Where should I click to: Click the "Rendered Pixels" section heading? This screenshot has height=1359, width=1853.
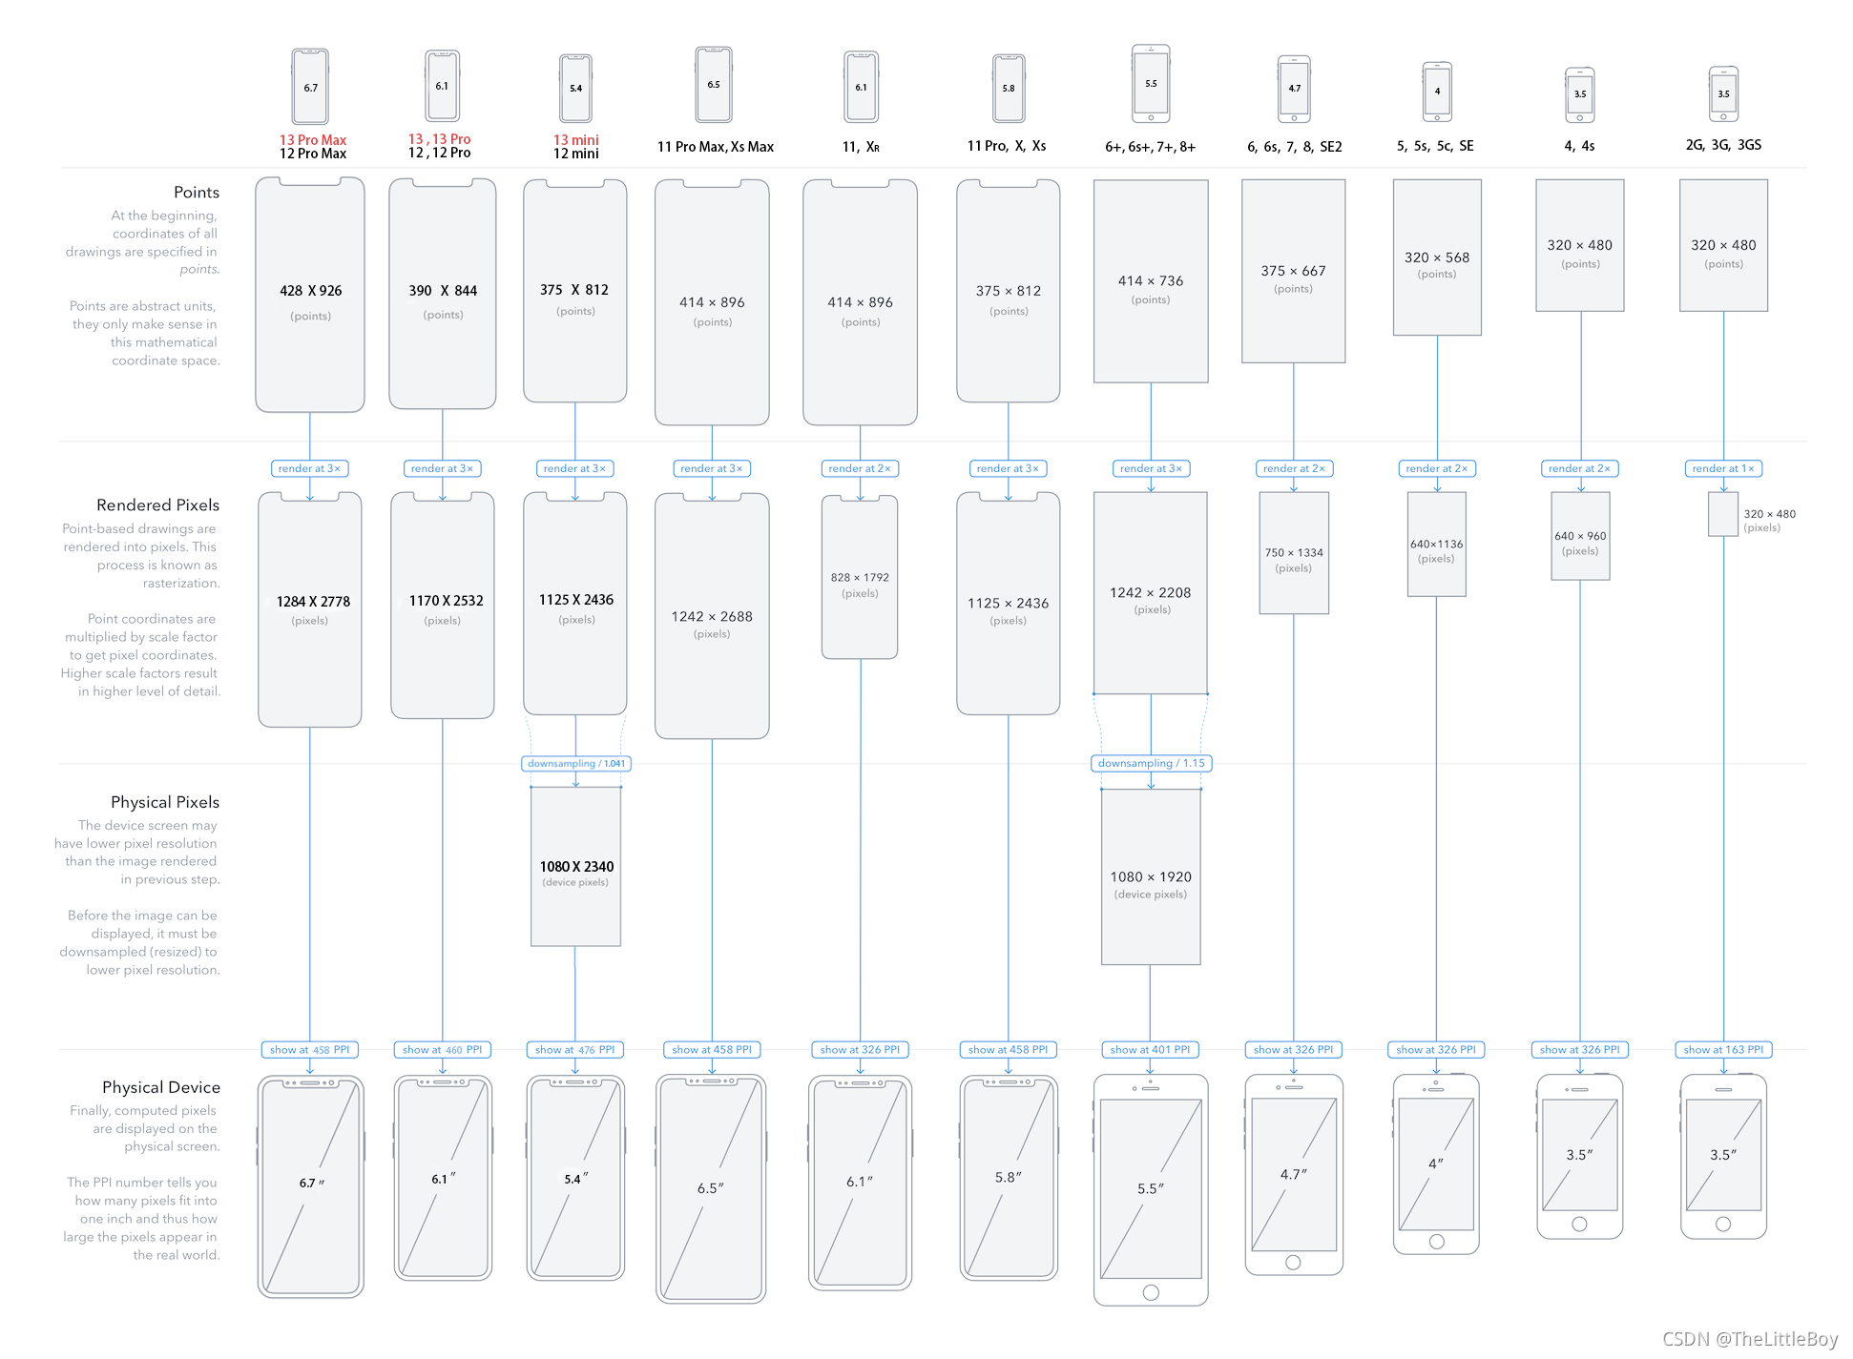(x=157, y=504)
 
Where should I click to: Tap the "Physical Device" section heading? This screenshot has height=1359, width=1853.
(x=161, y=1087)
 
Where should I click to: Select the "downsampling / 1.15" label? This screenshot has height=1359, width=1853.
(x=1151, y=763)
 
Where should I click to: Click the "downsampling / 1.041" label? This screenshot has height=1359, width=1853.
(x=576, y=763)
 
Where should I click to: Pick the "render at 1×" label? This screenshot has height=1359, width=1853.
(x=1723, y=468)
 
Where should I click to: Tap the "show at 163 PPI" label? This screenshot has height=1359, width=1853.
(x=1723, y=1049)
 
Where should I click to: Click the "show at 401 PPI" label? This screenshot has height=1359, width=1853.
(x=1150, y=1049)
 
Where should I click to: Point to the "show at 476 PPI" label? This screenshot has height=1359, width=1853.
(x=575, y=1049)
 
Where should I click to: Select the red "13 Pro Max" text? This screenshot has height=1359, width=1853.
(x=313, y=139)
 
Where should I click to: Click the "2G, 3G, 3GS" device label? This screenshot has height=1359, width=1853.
(x=1723, y=145)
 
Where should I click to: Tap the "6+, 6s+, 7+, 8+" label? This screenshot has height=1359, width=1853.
(x=1150, y=147)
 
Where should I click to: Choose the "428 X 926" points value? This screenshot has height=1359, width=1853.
(x=310, y=291)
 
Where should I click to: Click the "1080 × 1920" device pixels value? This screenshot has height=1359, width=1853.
(x=1151, y=876)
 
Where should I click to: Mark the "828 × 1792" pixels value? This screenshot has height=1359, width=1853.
(x=860, y=577)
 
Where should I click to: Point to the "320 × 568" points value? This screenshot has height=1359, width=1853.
(x=1437, y=257)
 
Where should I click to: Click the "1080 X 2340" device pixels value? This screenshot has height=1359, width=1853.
(x=576, y=866)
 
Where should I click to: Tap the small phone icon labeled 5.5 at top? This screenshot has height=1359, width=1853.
(x=1151, y=84)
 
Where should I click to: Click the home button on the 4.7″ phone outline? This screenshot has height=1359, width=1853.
(x=1293, y=1263)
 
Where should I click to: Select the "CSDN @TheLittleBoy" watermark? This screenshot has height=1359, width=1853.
(x=1750, y=1339)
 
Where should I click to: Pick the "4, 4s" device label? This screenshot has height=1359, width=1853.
(x=1579, y=146)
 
